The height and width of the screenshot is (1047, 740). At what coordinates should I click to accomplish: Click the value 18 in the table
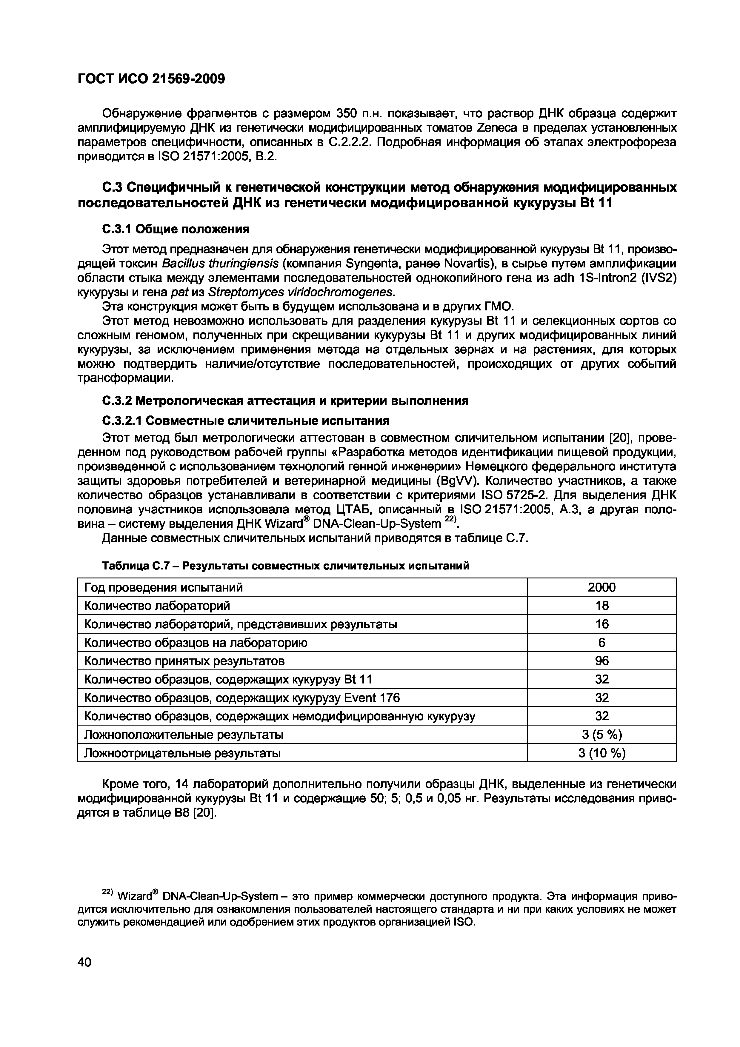point(601,606)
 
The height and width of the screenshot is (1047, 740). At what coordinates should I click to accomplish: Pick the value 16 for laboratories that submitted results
point(601,624)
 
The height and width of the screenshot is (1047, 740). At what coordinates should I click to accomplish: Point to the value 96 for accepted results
point(601,661)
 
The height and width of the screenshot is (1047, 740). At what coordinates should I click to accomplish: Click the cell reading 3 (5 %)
point(601,735)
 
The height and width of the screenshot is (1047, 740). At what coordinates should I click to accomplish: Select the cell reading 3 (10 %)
point(601,753)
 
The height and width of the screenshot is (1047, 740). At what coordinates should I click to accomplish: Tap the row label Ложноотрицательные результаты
point(182,753)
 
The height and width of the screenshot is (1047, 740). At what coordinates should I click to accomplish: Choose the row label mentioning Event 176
point(242,698)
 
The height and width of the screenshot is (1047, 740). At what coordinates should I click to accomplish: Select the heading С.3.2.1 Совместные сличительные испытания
point(246,420)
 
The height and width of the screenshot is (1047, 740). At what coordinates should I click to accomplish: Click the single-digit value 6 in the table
point(601,643)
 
